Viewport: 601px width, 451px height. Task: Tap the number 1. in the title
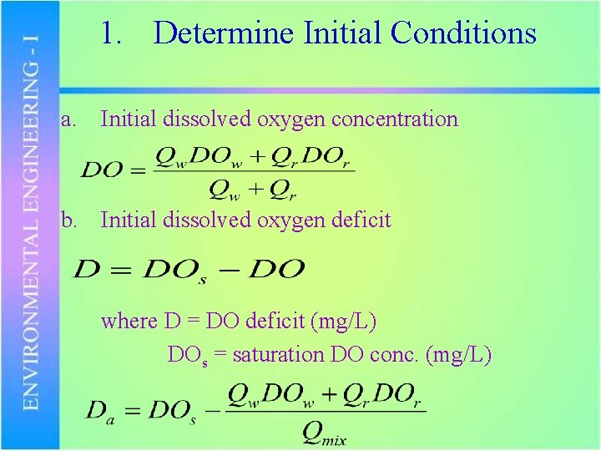pyautogui.click(x=113, y=33)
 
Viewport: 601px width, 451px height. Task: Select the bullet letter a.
pyautogui.click(x=69, y=119)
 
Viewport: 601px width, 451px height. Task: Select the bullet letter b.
pyautogui.click(x=70, y=220)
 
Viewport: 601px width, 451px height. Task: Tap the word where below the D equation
pyautogui.click(x=129, y=321)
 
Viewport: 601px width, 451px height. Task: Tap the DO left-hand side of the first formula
pyautogui.click(x=102, y=171)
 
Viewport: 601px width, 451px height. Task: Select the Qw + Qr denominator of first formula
pyautogui.click(x=253, y=190)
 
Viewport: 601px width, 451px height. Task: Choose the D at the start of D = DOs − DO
pyautogui.click(x=86, y=269)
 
